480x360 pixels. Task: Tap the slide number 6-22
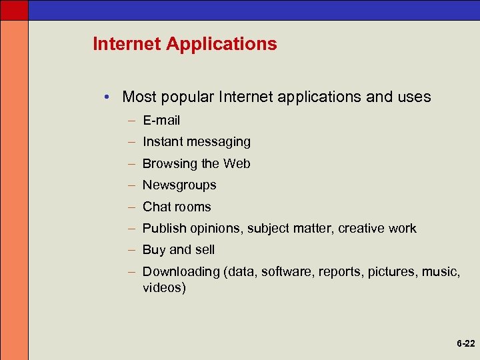465,344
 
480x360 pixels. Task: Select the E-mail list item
161,121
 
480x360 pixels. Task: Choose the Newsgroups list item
179,185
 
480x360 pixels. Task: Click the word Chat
155,207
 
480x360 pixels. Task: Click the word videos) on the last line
164,288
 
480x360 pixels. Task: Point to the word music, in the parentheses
441,272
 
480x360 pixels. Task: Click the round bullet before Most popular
107,97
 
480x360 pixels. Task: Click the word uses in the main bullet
414,97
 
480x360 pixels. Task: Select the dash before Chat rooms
133,207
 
